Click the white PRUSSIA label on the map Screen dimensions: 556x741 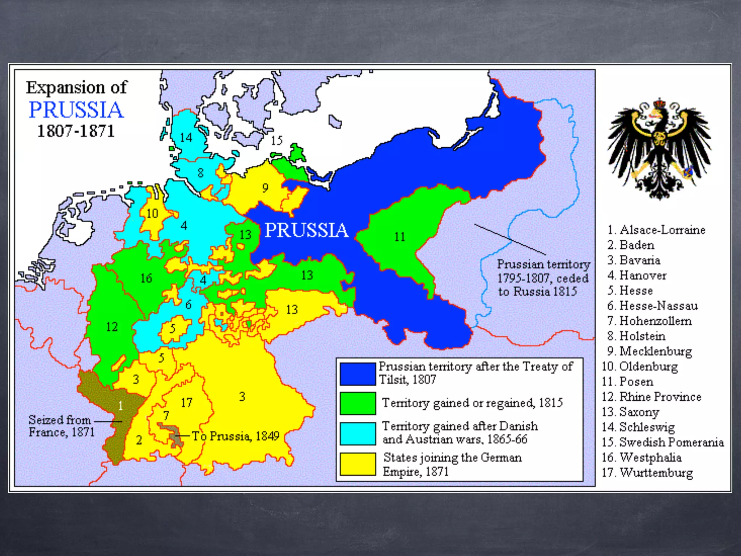pyautogui.click(x=306, y=230)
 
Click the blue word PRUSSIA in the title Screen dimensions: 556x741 pyautogui.click(x=76, y=110)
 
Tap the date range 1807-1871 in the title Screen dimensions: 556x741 pyautogui.click(x=76, y=131)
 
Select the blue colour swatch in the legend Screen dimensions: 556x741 pyautogui.click(x=357, y=374)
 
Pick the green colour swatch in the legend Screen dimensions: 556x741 pyautogui.click(x=357, y=403)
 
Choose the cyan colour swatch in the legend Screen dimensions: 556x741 pyautogui.click(x=357, y=433)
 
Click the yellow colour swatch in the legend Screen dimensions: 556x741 pyautogui.click(x=357, y=464)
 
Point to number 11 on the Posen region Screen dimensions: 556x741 pyautogui.click(x=399, y=237)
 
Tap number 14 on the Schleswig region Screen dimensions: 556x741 pyautogui.click(x=186, y=138)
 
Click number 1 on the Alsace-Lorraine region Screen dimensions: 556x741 pyautogui.click(x=120, y=406)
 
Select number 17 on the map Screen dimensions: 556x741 pyautogui.click(x=186, y=403)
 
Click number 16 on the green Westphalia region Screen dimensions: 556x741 pyautogui.click(x=146, y=278)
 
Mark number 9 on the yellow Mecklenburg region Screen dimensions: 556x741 pyautogui.click(x=265, y=188)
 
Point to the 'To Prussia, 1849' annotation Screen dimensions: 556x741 pyautogui.click(x=236, y=436)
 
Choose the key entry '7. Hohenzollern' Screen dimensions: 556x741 pyautogui.click(x=649, y=321)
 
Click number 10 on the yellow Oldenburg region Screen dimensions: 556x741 pyautogui.click(x=152, y=214)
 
